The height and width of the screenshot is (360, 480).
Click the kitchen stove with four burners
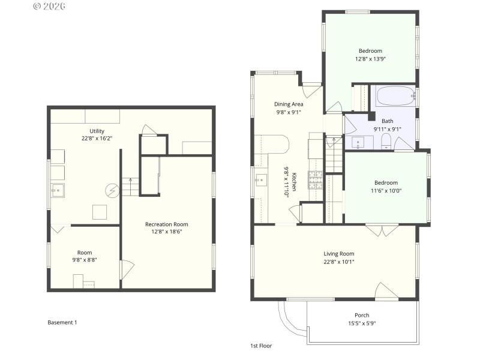click(316, 179)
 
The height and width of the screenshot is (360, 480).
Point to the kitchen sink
click(261, 179)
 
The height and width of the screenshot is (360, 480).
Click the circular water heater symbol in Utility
click(112, 191)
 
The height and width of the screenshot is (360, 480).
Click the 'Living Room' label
click(339, 254)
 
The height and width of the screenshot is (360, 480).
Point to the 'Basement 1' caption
click(62, 322)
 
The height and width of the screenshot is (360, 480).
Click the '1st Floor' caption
click(261, 346)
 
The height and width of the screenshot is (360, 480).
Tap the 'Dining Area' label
click(289, 104)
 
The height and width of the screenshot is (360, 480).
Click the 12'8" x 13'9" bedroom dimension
click(370, 59)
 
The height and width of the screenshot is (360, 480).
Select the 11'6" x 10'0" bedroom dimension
click(386, 191)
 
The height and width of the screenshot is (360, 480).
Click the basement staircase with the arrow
click(131, 187)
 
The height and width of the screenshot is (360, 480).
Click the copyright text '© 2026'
click(49, 6)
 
